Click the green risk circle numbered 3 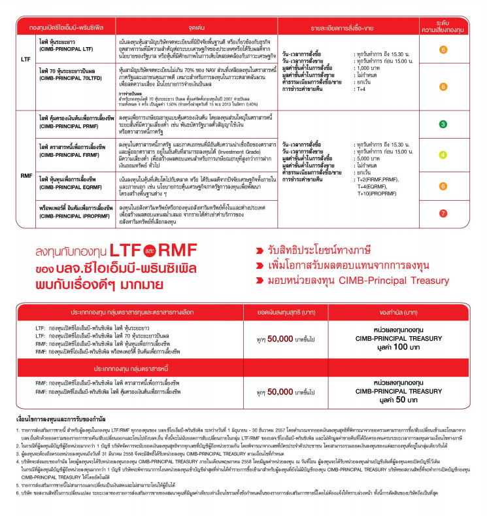[443, 124]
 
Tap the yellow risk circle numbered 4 [443, 155]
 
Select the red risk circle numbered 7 [443, 213]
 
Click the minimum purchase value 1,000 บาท [367, 68]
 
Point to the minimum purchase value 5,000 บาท [367, 158]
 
